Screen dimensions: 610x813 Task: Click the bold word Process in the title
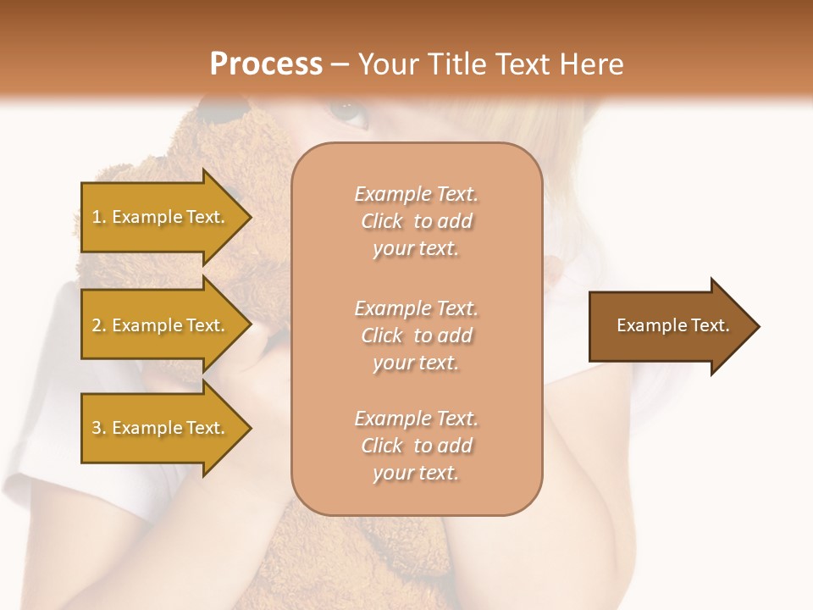266,64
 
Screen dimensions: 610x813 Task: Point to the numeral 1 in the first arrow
96,217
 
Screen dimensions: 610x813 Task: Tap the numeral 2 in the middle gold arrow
96,325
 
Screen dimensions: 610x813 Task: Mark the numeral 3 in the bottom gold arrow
96,428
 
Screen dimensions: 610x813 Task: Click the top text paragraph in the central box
416,221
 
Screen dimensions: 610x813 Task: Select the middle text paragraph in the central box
416,335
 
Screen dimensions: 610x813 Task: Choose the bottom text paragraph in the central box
416,446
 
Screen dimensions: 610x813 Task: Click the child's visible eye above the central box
347,110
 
